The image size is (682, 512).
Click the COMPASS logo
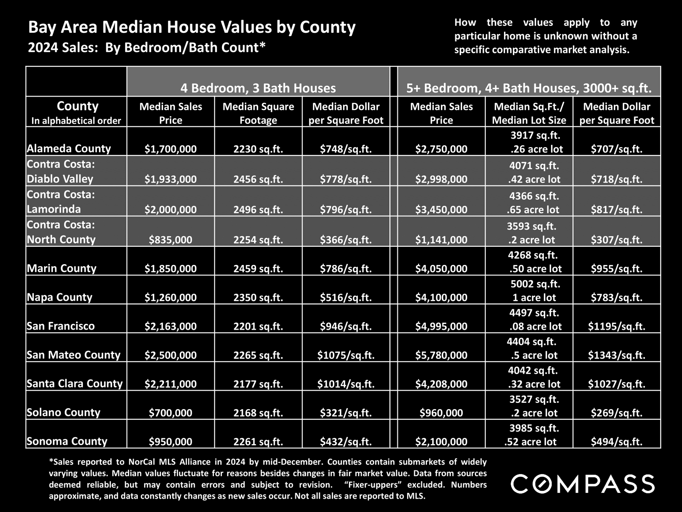pos(583,484)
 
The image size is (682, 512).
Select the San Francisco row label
pos(61,326)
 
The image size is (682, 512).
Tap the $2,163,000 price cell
pos(170,326)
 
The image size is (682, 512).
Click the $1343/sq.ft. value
pos(617,355)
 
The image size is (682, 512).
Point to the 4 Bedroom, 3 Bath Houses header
pos(258,88)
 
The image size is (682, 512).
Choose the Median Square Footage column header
pos(258,113)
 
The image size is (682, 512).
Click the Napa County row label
pos(60,297)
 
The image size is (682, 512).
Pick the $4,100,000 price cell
pos(442,298)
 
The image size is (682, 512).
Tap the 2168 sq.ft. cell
pos(258,413)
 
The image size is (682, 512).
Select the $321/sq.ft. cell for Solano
pos(346,413)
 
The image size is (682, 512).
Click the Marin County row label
pos(62,268)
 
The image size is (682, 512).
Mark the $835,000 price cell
pos(170,240)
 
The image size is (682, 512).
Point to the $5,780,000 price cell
pos(442,355)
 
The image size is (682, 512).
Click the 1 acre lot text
pos(534,298)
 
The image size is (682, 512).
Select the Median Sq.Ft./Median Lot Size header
pos(529,113)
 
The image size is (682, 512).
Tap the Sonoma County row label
pos(67,441)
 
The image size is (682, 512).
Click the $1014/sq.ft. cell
pos(346,384)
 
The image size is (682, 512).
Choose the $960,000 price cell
pos(442,413)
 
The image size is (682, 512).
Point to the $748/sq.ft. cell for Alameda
pos(346,149)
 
